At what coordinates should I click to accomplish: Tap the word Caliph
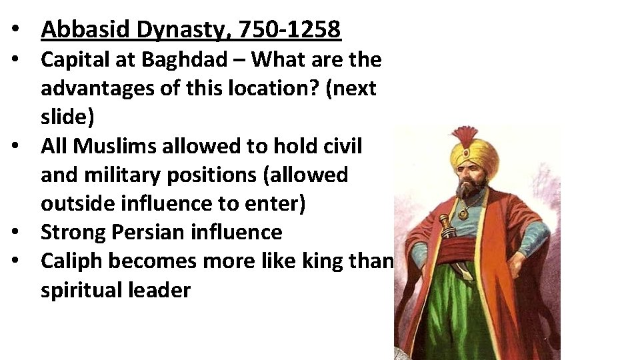pos(71,261)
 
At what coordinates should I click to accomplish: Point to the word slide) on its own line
pos(67,117)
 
